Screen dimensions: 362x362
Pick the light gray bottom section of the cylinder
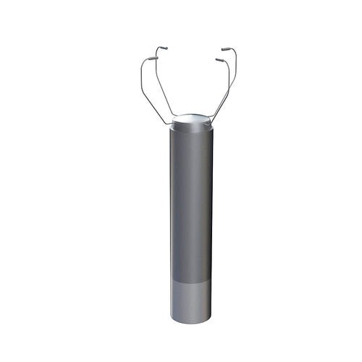(191, 300)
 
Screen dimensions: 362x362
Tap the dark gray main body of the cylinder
(191, 203)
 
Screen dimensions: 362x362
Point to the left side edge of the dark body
(171, 203)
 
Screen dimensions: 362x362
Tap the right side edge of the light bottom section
(211, 300)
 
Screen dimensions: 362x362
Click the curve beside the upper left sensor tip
(156, 51)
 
